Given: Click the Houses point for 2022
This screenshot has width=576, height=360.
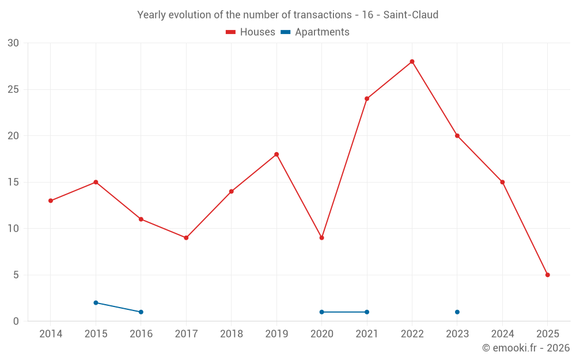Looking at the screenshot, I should pos(412,62).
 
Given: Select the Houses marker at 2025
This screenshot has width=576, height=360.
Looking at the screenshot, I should pos(547,275).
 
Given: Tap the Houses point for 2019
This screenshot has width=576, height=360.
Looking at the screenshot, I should pos(276,154).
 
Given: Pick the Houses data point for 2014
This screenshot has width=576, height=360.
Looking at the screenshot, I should pos(51,200).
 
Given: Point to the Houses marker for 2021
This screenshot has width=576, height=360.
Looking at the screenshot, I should pos(367,98).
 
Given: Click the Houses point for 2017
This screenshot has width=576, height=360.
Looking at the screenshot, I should pos(186,238).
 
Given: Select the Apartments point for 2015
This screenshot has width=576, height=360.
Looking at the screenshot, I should pos(96,302).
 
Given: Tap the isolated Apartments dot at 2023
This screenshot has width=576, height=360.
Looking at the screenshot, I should pos(457,312).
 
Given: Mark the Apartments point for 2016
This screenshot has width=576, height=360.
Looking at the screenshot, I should pos(141,312).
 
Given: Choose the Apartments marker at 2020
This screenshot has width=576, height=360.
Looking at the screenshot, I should pos(321,312).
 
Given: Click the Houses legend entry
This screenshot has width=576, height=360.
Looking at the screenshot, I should pos(251,32).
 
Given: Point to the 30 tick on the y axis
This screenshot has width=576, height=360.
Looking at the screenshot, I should pos(13,43).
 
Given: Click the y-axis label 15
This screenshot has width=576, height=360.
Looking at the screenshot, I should pos(13,183).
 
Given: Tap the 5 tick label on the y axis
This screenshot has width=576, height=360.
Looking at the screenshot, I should pos(16,275).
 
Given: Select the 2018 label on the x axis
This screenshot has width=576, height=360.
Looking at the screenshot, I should pos(231,334).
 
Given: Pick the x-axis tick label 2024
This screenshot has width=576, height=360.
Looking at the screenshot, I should pos(502,334).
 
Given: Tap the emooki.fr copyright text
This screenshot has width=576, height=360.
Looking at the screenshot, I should pos(526,348).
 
